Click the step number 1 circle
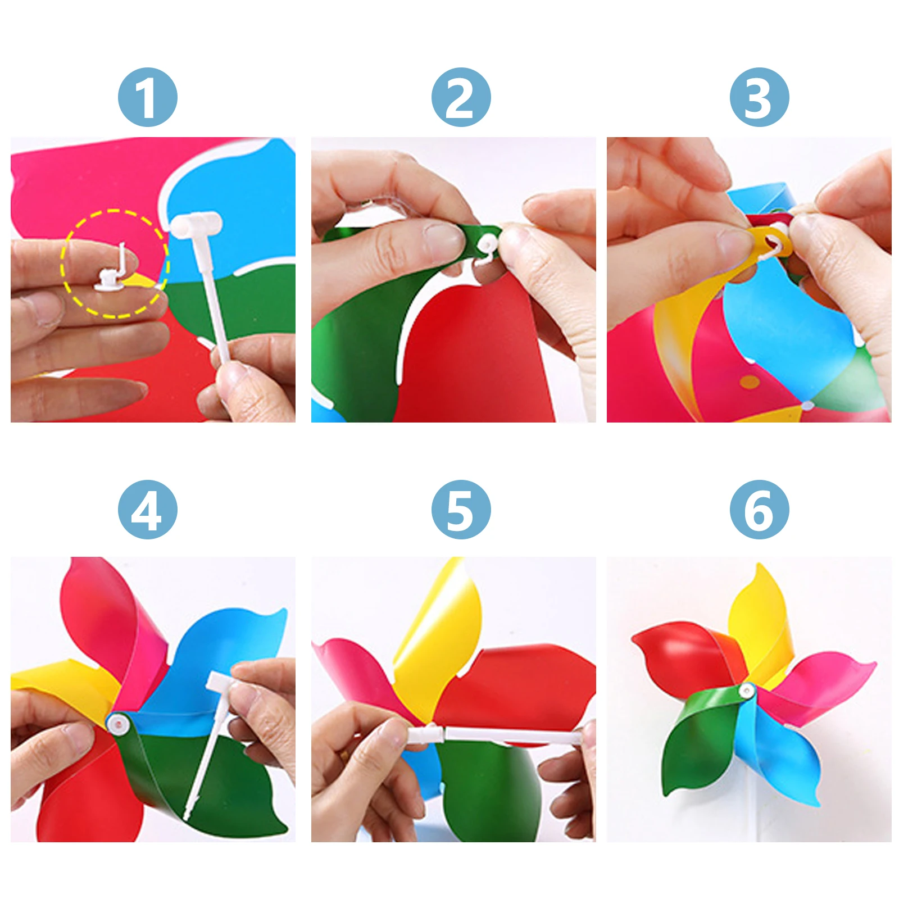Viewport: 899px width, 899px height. [x=147, y=97]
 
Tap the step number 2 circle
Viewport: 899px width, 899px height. [x=461, y=97]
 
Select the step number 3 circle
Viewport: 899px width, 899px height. [x=759, y=97]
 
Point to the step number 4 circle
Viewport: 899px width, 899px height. [x=147, y=509]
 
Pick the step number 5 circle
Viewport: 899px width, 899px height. [x=461, y=509]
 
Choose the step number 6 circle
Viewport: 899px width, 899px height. [x=759, y=509]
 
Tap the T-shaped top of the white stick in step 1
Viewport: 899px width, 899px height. [x=196, y=225]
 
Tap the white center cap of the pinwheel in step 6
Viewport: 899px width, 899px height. [x=747, y=690]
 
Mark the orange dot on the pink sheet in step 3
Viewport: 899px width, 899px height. [x=750, y=382]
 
